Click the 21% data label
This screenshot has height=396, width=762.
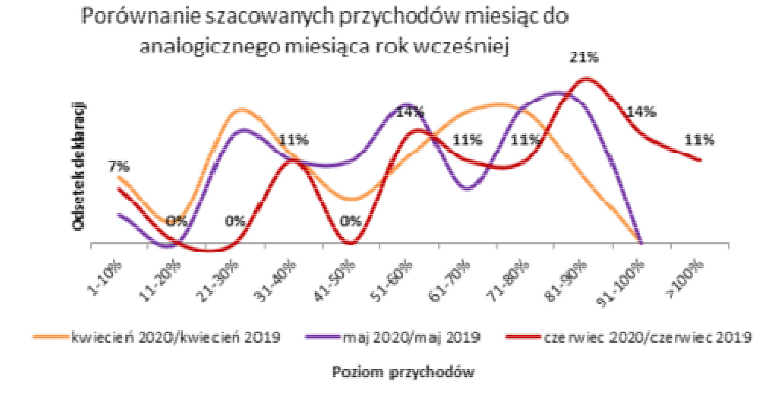click(584, 57)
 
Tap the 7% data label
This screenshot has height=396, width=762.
click(118, 166)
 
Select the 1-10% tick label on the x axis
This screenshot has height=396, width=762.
click(105, 278)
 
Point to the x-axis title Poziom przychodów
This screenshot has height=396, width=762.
click(403, 372)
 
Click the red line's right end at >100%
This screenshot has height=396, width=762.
click(700, 160)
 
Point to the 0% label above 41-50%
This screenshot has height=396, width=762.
click(351, 221)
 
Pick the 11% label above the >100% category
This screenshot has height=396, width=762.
click(699, 140)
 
